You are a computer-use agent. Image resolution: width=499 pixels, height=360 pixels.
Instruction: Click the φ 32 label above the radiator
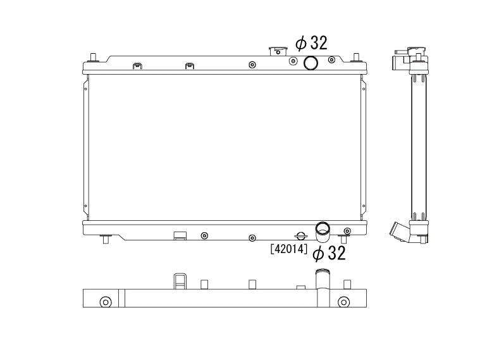click(311, 43)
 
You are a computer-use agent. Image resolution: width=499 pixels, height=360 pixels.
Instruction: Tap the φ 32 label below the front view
click(329, 253)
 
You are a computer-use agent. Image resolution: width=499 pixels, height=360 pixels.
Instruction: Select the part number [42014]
click(288, 249)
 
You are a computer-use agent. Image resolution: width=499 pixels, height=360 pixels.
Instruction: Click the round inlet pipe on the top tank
click(311, 63)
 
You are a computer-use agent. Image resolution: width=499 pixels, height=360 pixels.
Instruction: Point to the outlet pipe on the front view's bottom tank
click(323, 232)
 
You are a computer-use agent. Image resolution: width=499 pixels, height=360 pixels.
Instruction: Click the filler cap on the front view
click(278, 51)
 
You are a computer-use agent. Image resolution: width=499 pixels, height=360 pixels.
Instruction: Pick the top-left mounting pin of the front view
click(93, 58)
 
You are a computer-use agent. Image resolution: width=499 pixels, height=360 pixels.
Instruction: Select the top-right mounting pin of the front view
click(357, 58)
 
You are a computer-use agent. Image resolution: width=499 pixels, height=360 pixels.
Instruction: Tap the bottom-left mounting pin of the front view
click(106, 239)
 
